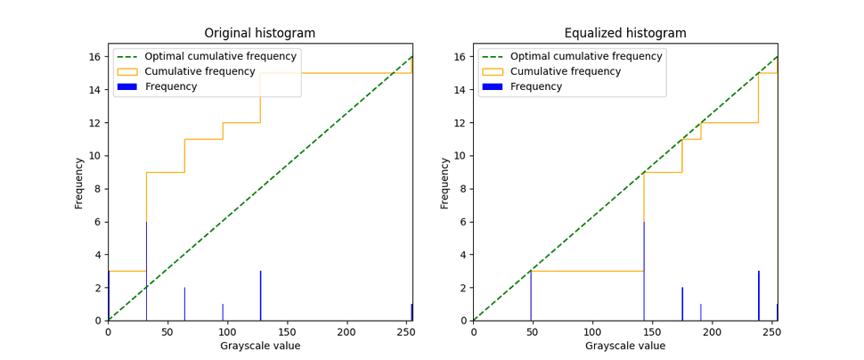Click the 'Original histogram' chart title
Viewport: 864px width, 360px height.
click(x=259, y=34)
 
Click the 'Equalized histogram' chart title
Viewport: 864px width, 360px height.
click(x=625, y=34)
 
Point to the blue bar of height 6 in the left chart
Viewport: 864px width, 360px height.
click(x=146, y=272)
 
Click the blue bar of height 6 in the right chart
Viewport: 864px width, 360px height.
click(x=644, y=272)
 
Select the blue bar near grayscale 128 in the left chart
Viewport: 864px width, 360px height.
click(x=260, y=296)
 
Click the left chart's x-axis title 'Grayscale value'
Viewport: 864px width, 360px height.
click(x=260, y=346)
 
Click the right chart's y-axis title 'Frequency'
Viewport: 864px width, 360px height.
click(x=444, y=183)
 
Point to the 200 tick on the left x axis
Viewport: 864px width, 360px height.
click(x=346, y=332)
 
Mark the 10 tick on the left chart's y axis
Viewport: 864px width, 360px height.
click(x=95, y=156)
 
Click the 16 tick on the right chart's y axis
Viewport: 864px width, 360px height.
click(x=461, y=57)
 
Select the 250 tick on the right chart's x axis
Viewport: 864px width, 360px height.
click(x=771, y=332)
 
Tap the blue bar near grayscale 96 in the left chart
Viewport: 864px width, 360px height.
click(x=223, y=313)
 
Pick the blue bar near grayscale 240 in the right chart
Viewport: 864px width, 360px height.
click(x=759, y=296)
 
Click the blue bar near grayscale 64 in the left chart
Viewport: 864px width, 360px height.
click(x=184, y=304)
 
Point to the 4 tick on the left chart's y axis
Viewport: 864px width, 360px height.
click(x=98, y=255)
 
